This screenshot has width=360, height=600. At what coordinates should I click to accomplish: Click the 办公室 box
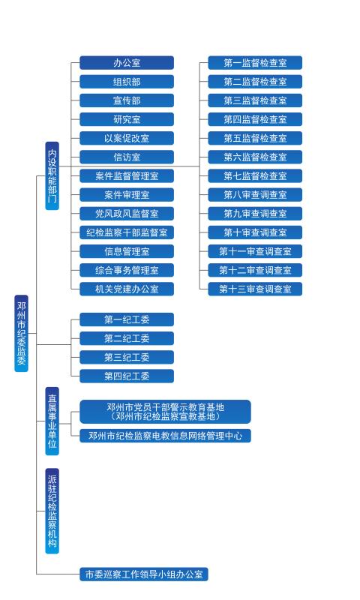tap(127, 63)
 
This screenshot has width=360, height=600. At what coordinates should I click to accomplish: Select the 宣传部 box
tap(127, 100)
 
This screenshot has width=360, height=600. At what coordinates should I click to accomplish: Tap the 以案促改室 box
tap(127, 138)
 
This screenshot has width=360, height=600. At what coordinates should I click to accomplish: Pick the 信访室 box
tap(127, 157)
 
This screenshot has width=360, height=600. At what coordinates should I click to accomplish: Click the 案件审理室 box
tap(127, 195)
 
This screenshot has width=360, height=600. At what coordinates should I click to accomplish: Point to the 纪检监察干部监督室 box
tap(127, 232)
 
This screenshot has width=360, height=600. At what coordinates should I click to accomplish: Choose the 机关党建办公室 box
tap(127, 289)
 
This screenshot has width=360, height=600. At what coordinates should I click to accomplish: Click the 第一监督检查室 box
tap(255, 63)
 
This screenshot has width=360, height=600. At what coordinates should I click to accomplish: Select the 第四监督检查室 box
tap(255, 119)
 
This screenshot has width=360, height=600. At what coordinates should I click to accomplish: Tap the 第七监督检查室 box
tap(255, 176)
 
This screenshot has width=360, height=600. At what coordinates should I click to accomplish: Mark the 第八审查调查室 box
tap(255, 195)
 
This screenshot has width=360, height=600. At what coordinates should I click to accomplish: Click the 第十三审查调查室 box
tap(255, 289)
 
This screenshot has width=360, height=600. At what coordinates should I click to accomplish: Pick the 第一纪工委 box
tap(127, 319)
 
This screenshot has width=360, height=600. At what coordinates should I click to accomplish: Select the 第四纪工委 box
tap(127, 376)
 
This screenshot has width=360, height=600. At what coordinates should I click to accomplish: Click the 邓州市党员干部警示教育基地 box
tap(165, 412)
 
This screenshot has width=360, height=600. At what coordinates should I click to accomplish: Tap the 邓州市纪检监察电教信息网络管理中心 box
tap(165, 436)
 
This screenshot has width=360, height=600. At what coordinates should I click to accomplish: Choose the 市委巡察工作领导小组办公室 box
tap(144, 574)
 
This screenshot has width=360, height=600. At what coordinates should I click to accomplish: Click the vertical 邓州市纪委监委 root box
tap(22, 333)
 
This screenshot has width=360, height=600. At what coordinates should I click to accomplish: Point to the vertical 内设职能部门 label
tap(52, 175)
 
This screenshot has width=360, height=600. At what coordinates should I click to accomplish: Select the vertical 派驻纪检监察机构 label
tap(52, 511)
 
